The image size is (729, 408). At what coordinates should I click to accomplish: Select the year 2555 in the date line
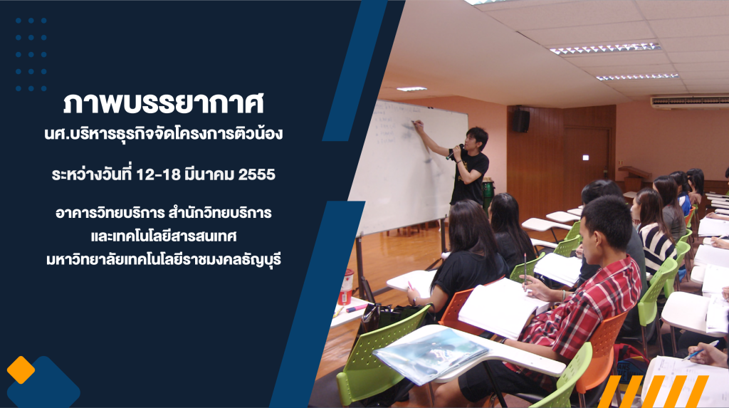[x=256, y=174]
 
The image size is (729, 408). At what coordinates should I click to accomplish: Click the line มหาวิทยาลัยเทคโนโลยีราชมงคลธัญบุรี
[x=164, y=259]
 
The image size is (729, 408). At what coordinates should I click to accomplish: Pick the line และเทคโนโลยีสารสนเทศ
[x=164, y=236]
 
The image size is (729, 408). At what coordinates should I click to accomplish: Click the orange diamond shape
[x=21, y=370]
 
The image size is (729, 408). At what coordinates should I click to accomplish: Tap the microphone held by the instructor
[x=453, y=152]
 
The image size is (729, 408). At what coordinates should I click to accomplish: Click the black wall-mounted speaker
[x=520, y=120]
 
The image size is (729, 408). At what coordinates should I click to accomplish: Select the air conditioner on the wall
[x=689, y=101]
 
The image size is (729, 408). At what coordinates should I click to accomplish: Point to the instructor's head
[x=477, y=138]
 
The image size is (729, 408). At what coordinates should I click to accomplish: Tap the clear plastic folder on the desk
[x=431, y=355]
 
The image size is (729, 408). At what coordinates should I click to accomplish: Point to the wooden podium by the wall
[x=634, y=179]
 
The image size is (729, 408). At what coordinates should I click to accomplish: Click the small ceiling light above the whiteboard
[x=411, y=89]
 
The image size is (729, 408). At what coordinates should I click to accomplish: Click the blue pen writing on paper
[x=701, y=350]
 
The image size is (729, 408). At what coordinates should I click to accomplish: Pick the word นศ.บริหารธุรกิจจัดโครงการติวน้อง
[x=164, y=134]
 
